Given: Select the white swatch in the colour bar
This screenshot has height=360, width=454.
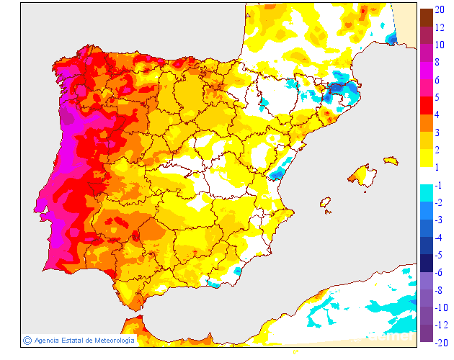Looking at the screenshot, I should (x=426, y=176).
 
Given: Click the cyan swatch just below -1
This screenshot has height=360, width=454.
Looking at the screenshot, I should (x=426, y=194).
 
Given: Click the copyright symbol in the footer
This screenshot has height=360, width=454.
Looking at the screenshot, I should (x=27, y=340).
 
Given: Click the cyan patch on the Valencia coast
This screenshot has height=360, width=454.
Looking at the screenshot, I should (x=277, y=173).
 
